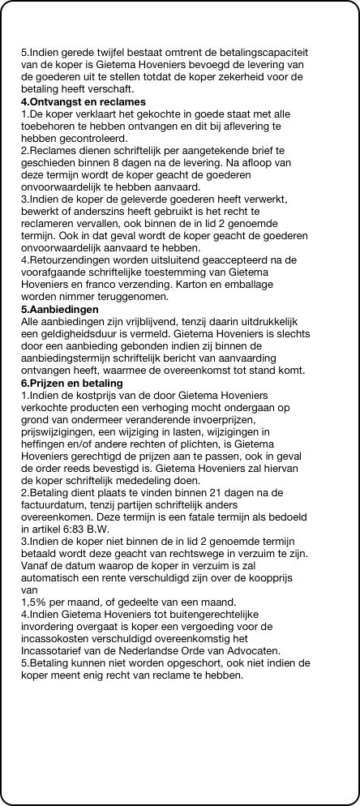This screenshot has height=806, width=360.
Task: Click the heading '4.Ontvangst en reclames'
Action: click(x=83, y=102)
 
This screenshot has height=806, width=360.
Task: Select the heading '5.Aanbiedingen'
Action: click(x=59, y=287)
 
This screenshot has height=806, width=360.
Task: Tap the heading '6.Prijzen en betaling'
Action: click(x=71, y=383)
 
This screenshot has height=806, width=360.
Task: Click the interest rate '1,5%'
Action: click(x=35, y=602)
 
